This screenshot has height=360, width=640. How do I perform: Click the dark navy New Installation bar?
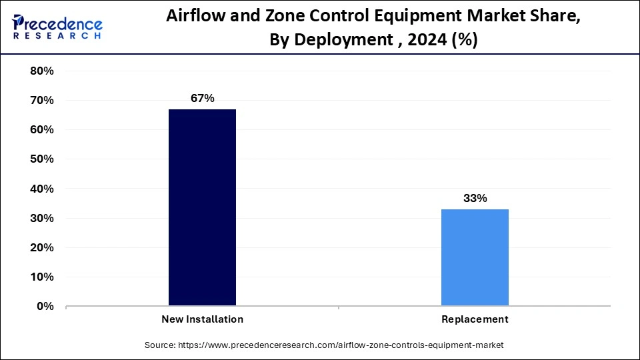coord(202,207)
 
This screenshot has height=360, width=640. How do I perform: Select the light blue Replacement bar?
coord(475,257)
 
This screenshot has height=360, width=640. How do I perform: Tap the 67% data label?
coord(202,99)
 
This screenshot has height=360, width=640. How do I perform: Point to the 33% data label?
coord(475,199)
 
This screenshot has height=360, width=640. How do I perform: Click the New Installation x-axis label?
coord(202,319)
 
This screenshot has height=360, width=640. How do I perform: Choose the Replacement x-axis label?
coord(475,319)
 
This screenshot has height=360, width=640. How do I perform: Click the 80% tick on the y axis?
coord(42,71)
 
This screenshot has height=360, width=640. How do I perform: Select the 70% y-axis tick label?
coord(42,100)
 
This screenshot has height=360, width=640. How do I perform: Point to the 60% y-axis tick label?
coord(42,129)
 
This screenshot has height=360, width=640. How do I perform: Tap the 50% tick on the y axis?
coord(42,159)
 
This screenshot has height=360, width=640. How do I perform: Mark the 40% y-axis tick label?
coord(42,189)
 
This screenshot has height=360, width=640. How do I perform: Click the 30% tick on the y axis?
coord(42,218)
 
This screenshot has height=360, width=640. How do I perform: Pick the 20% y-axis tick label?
coord(42,247)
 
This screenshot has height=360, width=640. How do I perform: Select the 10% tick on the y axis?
coord(42,277)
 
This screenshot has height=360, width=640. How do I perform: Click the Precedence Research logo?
coord(57,27)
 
